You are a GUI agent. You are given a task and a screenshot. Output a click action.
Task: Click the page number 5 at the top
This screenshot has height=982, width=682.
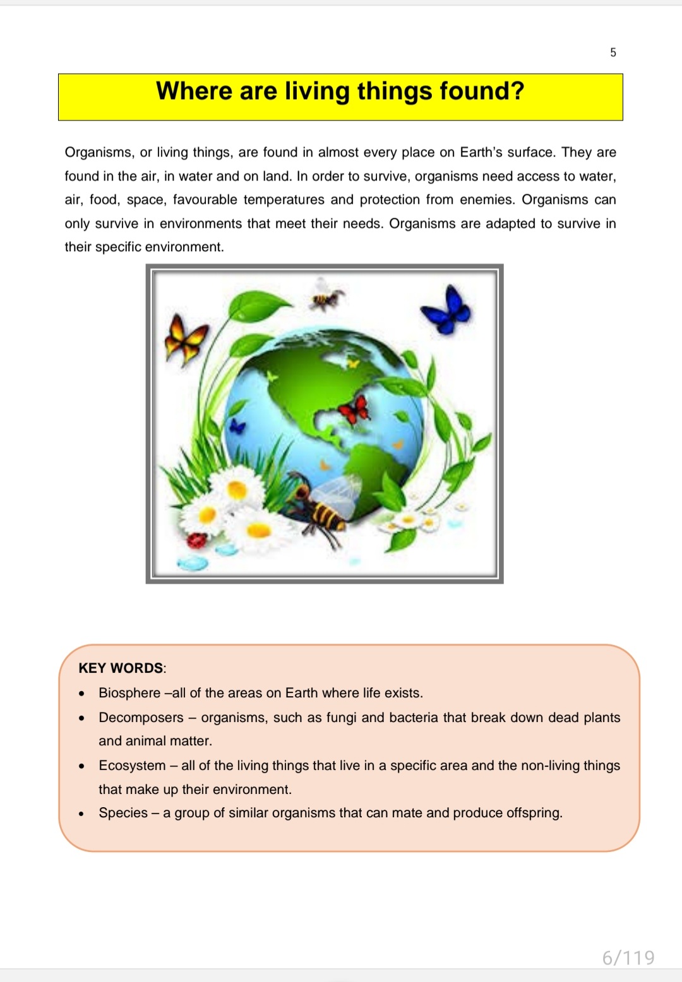(613, 52)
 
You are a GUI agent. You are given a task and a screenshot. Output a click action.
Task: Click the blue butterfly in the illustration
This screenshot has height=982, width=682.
(447, 309)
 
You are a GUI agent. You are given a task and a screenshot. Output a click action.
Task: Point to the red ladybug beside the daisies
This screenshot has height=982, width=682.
(198, 540)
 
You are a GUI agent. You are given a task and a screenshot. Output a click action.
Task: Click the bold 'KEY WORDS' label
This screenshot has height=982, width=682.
(121, 668)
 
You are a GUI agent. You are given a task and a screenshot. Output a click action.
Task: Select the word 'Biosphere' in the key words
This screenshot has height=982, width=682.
(129, 693)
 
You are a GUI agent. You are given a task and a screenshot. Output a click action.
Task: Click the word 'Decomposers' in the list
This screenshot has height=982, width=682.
(141, 718)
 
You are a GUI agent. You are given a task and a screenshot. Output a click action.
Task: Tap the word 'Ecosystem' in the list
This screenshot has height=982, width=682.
(132, 766)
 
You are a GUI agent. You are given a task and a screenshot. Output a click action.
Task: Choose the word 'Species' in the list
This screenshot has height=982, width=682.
(123, 813)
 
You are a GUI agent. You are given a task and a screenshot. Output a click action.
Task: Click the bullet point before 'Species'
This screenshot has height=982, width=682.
(81, 813)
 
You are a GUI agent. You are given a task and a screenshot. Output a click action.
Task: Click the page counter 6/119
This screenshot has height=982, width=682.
(628, 958)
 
